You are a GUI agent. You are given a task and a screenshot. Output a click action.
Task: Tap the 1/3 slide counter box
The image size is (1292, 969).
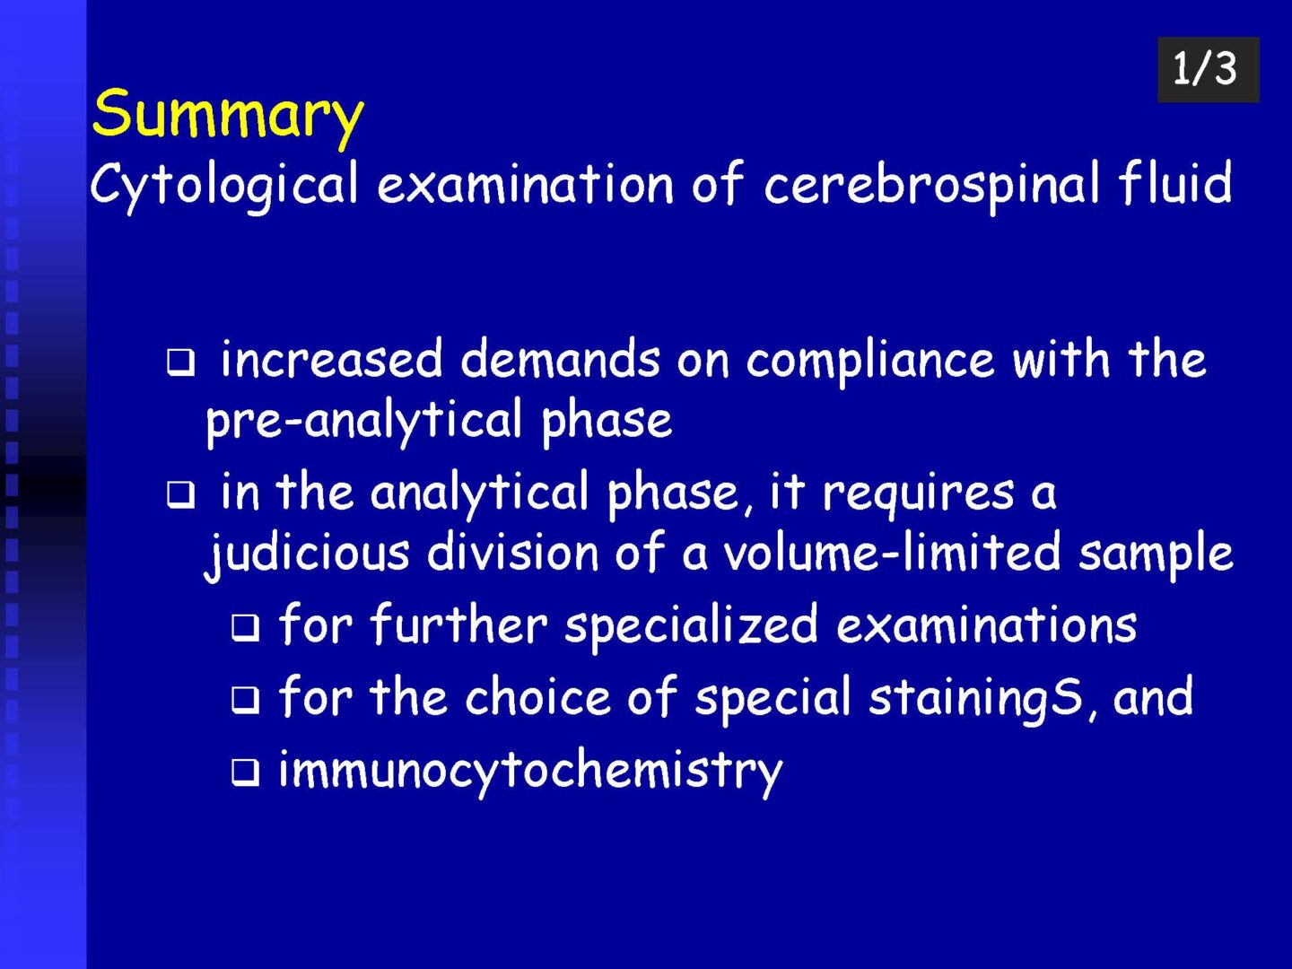(1208, 69)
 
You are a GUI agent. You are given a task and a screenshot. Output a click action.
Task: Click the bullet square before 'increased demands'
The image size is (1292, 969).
(180, 363)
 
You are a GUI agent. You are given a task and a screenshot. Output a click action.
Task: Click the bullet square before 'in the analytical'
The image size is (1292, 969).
(180, 494)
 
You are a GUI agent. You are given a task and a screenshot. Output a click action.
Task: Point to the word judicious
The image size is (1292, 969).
(307, 554)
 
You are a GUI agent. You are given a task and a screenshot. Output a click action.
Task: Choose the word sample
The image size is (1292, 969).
(1156, 554)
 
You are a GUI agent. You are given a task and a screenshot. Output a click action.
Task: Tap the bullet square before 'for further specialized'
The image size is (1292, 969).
(245, 627)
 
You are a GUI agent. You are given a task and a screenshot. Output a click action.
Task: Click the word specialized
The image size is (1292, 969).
(692, 626)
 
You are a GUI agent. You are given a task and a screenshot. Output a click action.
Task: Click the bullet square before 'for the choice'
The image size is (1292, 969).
(245, 700)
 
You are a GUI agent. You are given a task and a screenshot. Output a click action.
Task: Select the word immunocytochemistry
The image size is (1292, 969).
(530, 772)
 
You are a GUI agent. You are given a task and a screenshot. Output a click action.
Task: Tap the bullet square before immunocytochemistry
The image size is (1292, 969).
(245, 773)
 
